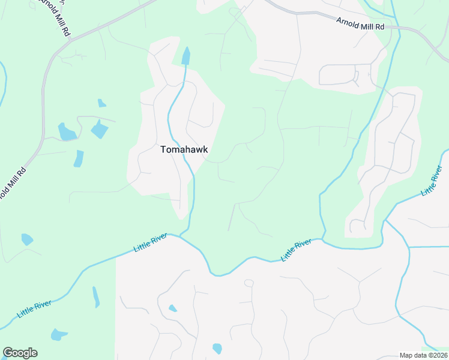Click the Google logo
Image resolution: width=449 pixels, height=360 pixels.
[x=20, y=353]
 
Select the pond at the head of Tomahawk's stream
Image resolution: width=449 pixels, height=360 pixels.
[x=185, y=56]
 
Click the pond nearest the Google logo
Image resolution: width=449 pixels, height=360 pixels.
[x=58, y=334]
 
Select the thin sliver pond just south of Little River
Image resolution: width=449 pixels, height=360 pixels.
[x=96, y=297]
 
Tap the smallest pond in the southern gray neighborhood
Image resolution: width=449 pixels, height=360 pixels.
[x=173, y=308]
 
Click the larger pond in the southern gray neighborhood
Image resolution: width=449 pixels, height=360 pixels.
[x=217, y=348]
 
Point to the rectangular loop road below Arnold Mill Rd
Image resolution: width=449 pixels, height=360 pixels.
[x=339, y=74]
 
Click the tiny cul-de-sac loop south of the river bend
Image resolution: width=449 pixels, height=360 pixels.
[x=249, y=283]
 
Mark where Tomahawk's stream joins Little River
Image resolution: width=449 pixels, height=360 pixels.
[x=181, y=235]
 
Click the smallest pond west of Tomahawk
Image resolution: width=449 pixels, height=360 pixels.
[x=101, y=103]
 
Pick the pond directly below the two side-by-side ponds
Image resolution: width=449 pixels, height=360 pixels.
[x=79, y=158]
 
